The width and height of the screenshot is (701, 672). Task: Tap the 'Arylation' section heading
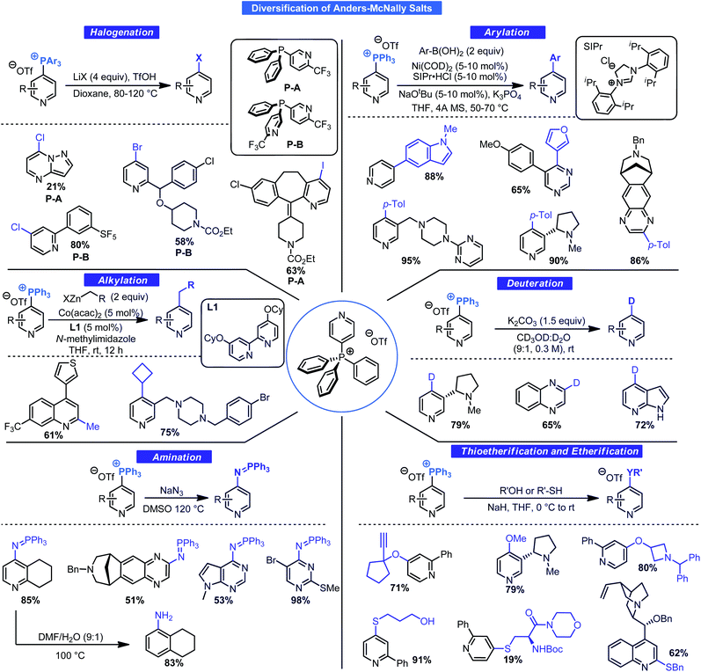pyautogui.click(x=517, y=33)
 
